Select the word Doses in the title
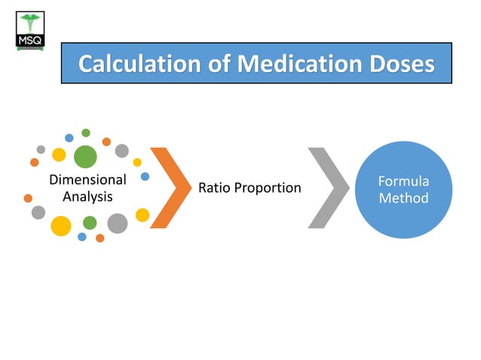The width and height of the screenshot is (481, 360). point(401,63)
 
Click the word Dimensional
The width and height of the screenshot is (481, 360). point(87,180)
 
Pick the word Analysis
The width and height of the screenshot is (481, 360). point(87,197)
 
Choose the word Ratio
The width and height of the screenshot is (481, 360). point(214,188)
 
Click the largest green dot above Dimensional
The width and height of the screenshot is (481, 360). point(85,156)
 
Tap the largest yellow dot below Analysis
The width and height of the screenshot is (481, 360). point(60,225)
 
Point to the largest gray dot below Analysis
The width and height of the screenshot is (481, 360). point(118,223)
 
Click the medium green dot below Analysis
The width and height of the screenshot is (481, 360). point(90,223)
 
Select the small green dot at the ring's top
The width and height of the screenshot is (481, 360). point(86,133)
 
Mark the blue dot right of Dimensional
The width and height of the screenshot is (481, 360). point(145,176)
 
